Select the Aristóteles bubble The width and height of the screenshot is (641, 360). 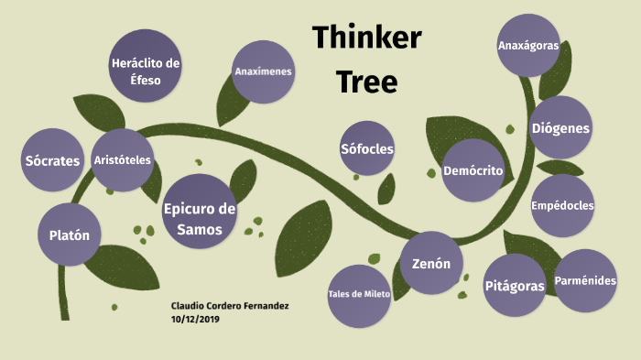(x=123, y=160)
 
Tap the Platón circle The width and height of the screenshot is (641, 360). (x=70, y=235)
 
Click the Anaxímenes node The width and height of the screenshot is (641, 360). (x=263, y=71)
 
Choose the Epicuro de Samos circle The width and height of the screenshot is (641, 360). (x=200, y=219)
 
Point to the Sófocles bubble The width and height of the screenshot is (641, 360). (x=367, y=149)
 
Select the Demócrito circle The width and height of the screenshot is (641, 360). (x=473, y=171)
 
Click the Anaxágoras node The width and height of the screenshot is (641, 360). (x=528, y=45)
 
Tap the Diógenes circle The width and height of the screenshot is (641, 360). (x=560, y=128)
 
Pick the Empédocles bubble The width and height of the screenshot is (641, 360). (x=562, y=205)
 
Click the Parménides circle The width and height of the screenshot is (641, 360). (x=585, y=280)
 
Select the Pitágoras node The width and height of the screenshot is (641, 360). (x=515, y=286)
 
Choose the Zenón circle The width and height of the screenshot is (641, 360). (x=431, y=264)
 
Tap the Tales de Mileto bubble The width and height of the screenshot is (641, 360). (x=359, y=295)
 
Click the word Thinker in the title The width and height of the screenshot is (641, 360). (x=366, y=38)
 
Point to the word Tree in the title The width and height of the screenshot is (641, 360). (x=366, y=82)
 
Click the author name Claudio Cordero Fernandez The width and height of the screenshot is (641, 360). (x=230, y=305)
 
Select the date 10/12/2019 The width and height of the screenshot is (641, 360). (x=195, y=320)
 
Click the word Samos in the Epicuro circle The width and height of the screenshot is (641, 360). (x=200, y=229)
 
